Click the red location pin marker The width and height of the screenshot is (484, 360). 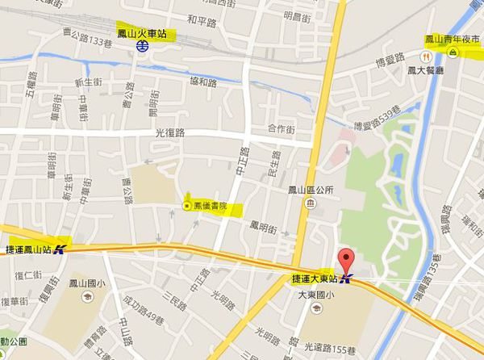tap(348, 262)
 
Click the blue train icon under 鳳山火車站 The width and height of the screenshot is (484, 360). tap(141, 47)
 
